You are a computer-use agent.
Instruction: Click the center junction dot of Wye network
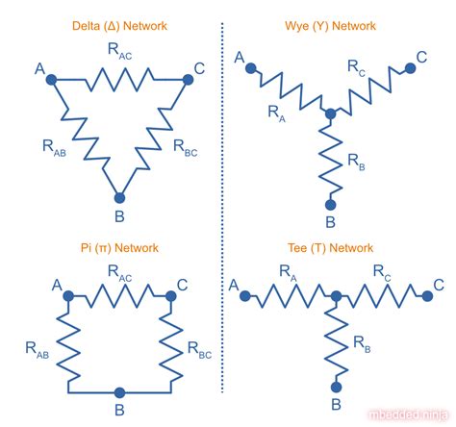tap(330, 114)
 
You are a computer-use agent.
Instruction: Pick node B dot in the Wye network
tap(330, 203)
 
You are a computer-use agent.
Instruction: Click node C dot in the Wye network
tap(411, 66)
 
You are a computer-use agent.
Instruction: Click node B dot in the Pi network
tap(119, 392)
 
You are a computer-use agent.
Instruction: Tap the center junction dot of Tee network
tap(336, 295)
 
